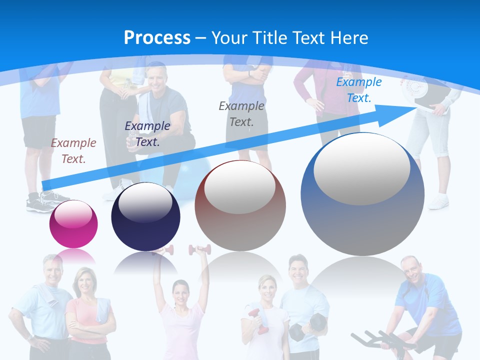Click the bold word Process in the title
click(157, 37)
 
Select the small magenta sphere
click(73, 224)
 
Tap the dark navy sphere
click(145, 217)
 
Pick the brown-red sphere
click(240, 205)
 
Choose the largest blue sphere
click(362, 194)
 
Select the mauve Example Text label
click(73, 150)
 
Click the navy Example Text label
click(147, 133)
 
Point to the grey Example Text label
click(241, 113)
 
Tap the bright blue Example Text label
click(358, 90)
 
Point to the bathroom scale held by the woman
click(425, 92)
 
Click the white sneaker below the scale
click(439, 201)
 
